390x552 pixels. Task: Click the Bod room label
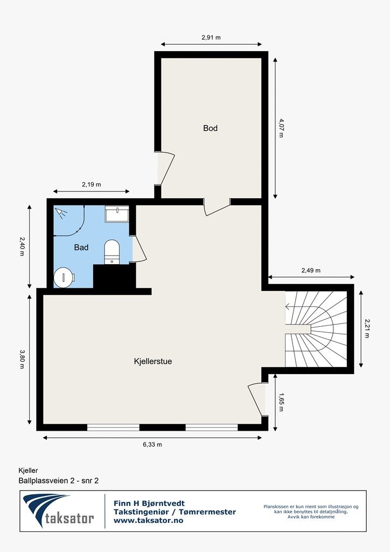coord(210,128)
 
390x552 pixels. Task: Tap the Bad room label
coord(81,247)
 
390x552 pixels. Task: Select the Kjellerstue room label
coord(153,361)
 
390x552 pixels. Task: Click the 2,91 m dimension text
coord(211,38)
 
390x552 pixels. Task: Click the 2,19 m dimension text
coord(92,184)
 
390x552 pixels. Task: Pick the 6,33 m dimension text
coord(152,444)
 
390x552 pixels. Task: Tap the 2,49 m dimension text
coord(311,271)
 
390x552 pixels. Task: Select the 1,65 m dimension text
coord(281,402)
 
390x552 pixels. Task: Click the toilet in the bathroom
coord(112,251)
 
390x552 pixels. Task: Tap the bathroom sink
coord(117,213)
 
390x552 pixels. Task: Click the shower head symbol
coord(61,212)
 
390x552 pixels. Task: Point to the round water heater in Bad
coord(64,277)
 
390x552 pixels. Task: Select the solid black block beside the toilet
coord(114,277)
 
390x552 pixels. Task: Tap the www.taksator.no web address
coord(148,521)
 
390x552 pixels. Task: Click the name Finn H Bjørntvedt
coord(149,504)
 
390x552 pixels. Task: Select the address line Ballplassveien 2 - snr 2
coord(59,480)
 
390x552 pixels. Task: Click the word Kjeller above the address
coord(28,470)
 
